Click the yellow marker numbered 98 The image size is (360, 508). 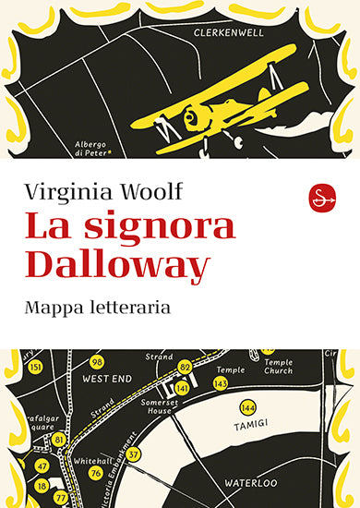pyautogui.click(x=97, y=361)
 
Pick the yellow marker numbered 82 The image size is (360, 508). pyautogui.click(x=186, y=367)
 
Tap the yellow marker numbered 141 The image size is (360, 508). pyautogui.click(x=183, y=389)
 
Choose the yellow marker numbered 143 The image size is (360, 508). pyautogui.click(x=221, y=382)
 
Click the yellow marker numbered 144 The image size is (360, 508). pyautogui.click(x=247, y=407)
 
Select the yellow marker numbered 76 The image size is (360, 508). pyautogui.click(x=95, y=447)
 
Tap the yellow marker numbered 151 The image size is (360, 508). pyautogui.click(x=36, y=368)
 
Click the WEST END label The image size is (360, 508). pyautogui.click(x=104, y=379)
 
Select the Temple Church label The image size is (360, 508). pyautogui.click(x=278, y=367)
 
